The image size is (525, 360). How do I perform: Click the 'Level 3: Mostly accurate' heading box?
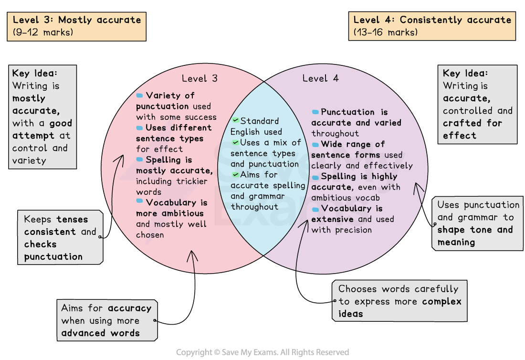click(x=76, y=26)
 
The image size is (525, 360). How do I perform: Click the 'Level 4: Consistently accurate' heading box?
click(x=432, y=26)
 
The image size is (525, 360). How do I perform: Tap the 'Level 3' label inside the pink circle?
click(x=199, y=78)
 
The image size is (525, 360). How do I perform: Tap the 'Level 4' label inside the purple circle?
click(x=321, y=78)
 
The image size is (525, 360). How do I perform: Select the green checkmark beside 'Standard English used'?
click(x=235, y=121)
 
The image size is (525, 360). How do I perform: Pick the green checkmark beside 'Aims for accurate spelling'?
click(x=235, y=175)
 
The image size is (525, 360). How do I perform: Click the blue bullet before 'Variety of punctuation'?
click(x=139, y=95)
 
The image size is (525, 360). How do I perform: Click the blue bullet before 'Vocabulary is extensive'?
click(x=315, y=209)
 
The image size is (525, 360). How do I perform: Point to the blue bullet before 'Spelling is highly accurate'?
click(x=315, y=177)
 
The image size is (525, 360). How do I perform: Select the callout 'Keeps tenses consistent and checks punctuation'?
click(x=61, y=238)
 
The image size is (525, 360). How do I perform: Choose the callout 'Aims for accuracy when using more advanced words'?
click(x=106, y=320)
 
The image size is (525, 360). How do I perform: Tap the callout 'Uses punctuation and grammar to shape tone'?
click(x=478, y=223)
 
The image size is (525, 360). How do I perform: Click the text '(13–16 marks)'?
click(x=386, y=32)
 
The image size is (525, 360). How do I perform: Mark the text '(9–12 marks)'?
click(x=42, y=32)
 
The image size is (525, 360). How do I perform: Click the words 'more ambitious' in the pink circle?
click(x=170, y=213)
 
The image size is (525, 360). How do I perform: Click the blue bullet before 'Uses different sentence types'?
click(x=139, y=128)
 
